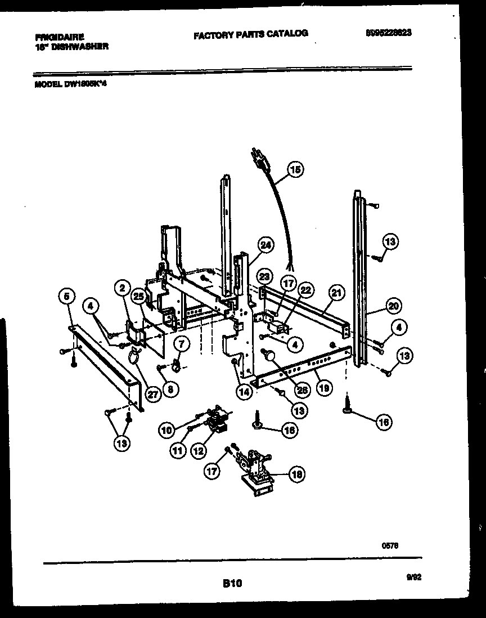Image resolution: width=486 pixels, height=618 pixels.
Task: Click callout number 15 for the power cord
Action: (x=295, y=169)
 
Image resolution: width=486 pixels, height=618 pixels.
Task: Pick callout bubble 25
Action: (x=138, y=297)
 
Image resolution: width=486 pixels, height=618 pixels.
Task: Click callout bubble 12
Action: (x=198, y=450)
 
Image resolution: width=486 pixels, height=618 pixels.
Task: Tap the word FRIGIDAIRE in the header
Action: (x=60, y=38)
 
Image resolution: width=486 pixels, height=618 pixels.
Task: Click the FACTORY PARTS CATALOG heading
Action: (x=250, y=34)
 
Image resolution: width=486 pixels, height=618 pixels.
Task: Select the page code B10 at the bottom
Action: (x=232, y=584)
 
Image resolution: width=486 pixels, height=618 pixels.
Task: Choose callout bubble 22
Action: (x=305, y=290)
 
